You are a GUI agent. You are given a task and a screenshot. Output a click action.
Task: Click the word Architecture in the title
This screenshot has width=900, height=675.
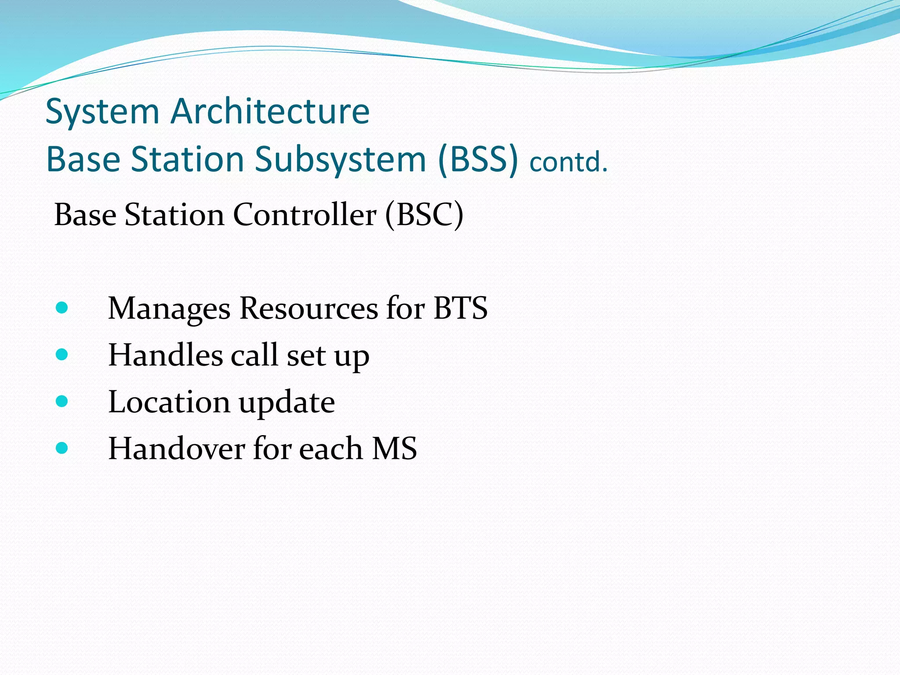(x=270, y=112)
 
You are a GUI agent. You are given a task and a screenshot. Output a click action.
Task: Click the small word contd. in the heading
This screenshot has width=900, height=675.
(x=568, y=162)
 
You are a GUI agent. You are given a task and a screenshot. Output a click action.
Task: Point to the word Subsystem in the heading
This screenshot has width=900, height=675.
(x=340, y=160)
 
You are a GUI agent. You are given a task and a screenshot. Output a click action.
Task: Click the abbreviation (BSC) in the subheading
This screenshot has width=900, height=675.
(x=424, y=215)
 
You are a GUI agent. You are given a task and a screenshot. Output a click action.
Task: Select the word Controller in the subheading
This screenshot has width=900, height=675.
(x=305, y=215)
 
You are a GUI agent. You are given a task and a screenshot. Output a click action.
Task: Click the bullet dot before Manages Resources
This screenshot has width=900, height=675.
(x=62, y=308)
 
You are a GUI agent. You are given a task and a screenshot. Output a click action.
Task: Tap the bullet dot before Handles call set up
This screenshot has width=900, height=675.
(x=62, y=354)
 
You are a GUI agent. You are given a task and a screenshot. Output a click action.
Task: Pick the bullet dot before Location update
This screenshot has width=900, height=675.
(x=62, y=401)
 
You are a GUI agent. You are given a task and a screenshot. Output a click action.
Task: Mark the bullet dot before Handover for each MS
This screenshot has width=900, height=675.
(x=62, y=448)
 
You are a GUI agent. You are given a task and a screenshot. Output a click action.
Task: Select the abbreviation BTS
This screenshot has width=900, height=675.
(x=460, y=308)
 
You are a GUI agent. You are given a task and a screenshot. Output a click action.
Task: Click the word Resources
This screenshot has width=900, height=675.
(x=308, y=308)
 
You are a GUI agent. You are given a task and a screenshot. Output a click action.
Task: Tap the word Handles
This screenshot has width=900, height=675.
(x=165, y=355)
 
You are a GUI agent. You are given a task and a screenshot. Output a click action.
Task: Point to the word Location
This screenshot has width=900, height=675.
(x=169, y=402)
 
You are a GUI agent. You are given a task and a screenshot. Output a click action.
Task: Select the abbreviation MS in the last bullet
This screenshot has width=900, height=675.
(x=394, y=449)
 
